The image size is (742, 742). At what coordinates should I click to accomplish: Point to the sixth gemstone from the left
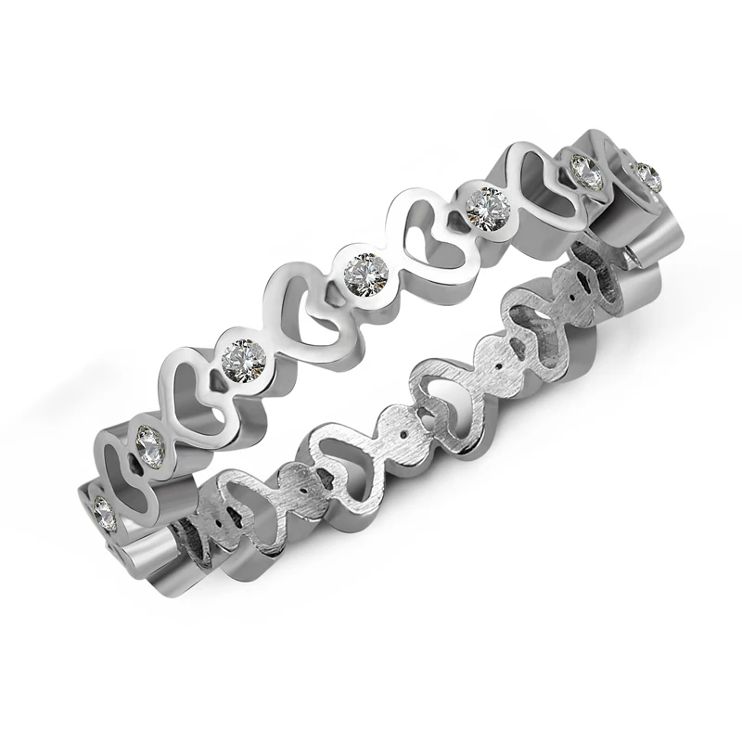(x=583, y=170)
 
